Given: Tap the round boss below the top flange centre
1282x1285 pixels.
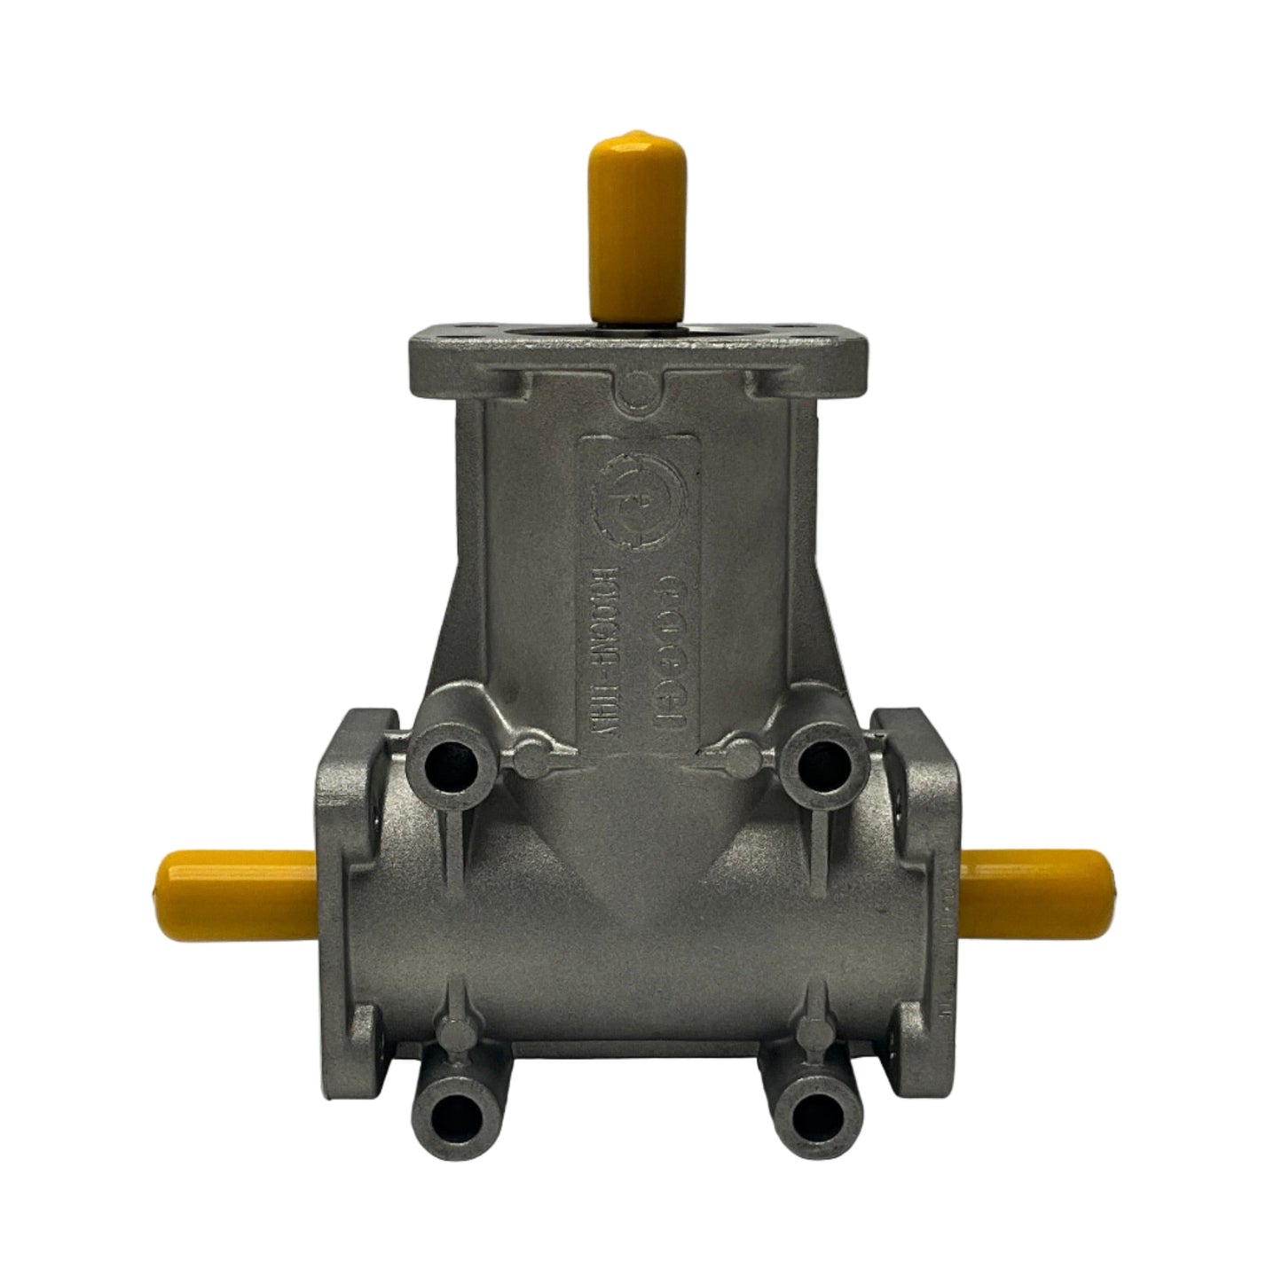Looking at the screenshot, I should (x=636, y=390).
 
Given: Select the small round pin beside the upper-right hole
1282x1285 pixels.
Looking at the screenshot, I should (x=741, y=756).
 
